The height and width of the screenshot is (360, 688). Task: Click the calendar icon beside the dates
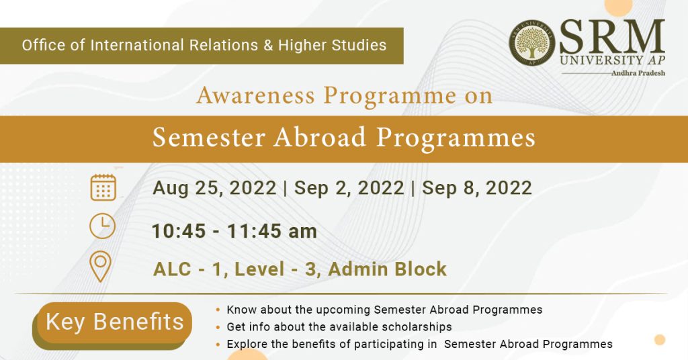coord(103,187)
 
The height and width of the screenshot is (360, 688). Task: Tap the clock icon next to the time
coord(102,226)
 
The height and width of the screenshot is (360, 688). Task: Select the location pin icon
coord(100,266)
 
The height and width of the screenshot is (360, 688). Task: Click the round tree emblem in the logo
coord(532,43)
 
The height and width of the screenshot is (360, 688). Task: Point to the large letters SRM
coord(612,37)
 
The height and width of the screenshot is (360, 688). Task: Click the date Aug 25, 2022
coord(214,188)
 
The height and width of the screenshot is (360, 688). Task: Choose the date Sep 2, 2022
coord(349,188)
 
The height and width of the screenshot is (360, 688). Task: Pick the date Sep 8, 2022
coord(477,188)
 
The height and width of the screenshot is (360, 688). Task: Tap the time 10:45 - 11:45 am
coord(234,231)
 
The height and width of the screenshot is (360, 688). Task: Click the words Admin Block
coord(388,269)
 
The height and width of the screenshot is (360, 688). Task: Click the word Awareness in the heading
coord(256,95)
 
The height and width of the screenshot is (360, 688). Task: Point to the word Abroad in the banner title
coord(320,137)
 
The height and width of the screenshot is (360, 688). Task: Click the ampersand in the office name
coord(268,45)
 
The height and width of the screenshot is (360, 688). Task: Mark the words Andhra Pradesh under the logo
coord(638,73)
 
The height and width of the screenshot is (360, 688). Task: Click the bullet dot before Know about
coord(218,310)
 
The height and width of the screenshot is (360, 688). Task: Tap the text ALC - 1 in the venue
coord(187,269)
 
